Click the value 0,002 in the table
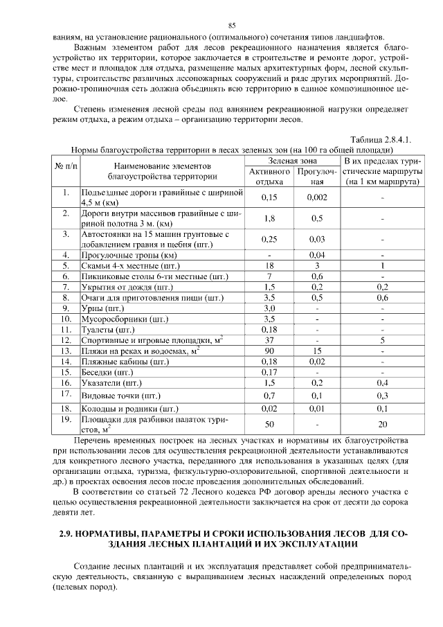(x=316, y=197)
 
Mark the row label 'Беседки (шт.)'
(x=108, y=372)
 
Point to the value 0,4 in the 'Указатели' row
(x=382, y=383)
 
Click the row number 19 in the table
(x=66, y=419)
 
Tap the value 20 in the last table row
(x=382, y=424)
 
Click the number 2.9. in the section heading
(x=66, y=535)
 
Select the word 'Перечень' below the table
(x=95, y=441)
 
